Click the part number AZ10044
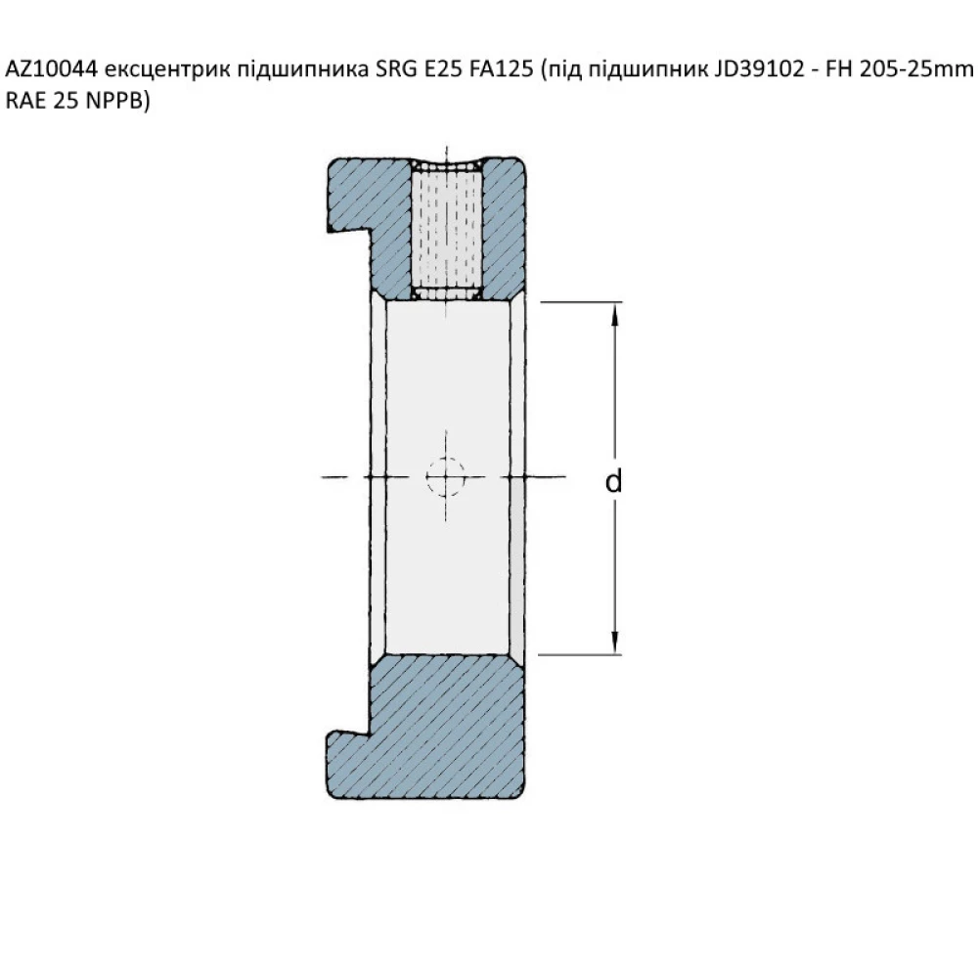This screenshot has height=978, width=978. (x=51, y=71)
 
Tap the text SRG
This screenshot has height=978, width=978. (x=396, y=71)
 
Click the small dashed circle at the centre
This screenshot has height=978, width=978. (x=446, y=476)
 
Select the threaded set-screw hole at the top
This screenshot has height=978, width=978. (x=446, y=227)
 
